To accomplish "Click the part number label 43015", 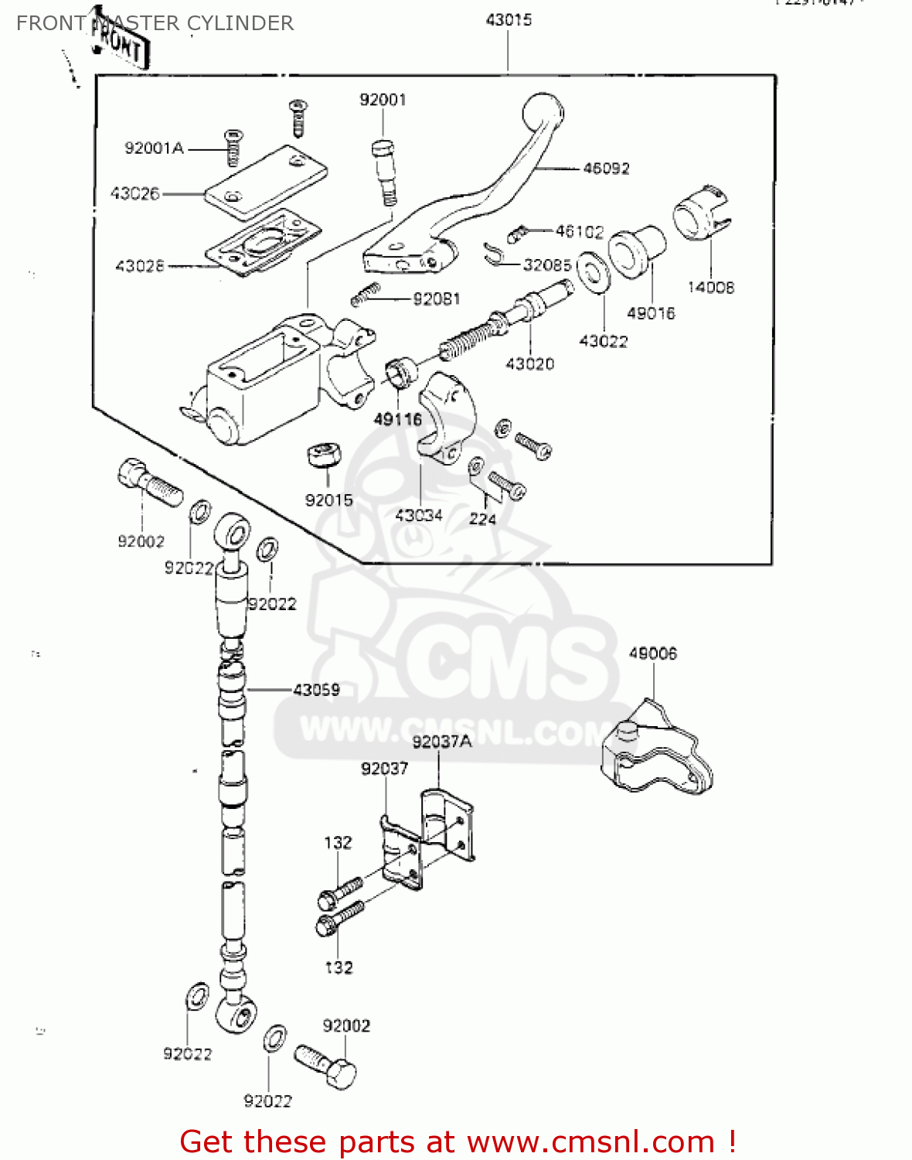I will (x=509, y=20).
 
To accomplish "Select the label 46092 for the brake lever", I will (x=606, y=169).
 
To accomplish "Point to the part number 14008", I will (x=710, y=288).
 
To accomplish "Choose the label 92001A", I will (x=154, y=148).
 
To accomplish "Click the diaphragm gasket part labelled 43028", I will (x=263, y=241).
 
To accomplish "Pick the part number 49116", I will (x=397, y=419).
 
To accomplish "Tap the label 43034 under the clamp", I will (x=418, y=515).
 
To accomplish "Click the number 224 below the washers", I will (x=482, y=519).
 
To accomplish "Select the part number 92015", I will (x=328, y=500).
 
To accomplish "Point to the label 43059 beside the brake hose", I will (x=316, y=690).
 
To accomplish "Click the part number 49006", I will (x=652, y=653).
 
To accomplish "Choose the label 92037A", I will (x=441, y=742).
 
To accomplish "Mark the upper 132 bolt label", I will (x=338, y=843).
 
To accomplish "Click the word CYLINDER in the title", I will (x=240, y=23).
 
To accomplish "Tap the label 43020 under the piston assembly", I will (x=529, y=363).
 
